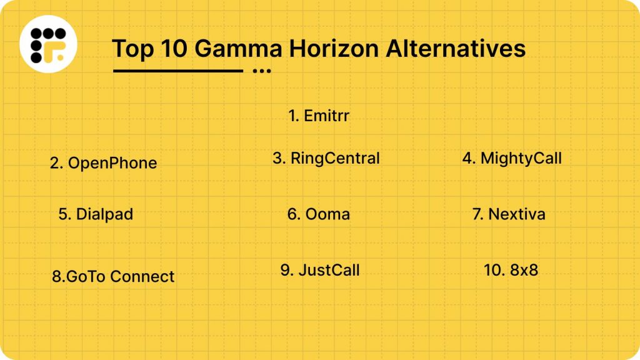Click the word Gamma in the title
[238, 49]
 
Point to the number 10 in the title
[172, 49]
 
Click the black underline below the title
[177, 71]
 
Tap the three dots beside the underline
[261, 71]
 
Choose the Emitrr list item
[318, 116]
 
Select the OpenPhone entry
[104, 163]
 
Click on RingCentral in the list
[326, 158]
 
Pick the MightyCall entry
[512, 158]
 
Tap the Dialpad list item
[96, 214]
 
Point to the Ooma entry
[319, 214]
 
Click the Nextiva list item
[509, 214]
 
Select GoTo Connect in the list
[113, 276]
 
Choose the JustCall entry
[320, 270]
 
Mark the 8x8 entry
[511, 270]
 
